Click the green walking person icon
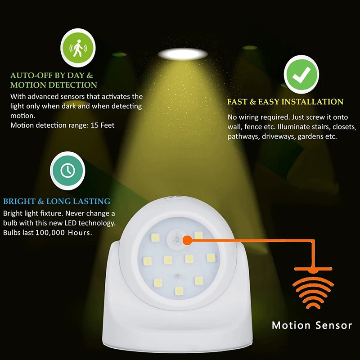(x=79, y=47)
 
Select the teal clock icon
(x=68, y=170)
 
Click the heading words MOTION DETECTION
(x=54, y=85)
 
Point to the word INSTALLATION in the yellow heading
(x=312, y=102)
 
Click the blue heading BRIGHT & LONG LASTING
(x=57, y=202)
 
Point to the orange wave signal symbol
(x=314, y=290)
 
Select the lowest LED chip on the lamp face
(x=179, y=290)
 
